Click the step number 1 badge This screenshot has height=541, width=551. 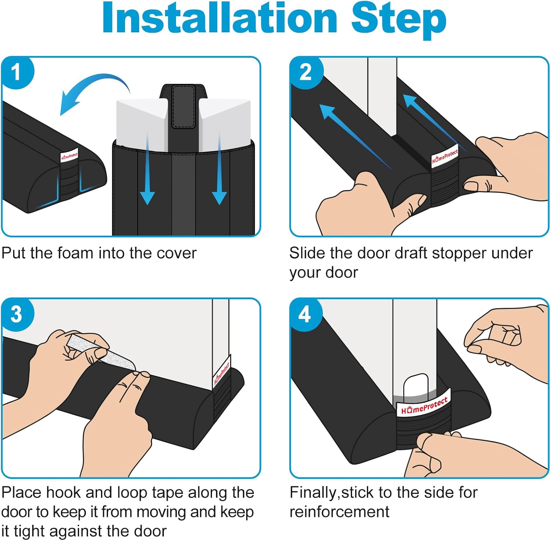point(16,72)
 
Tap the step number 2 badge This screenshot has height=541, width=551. point(306,72)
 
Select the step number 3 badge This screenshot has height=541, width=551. point(17,314)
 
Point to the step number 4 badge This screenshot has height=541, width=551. point(305,314)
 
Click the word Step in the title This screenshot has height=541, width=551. point(399,21)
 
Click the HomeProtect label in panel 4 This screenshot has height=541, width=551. point(424,405)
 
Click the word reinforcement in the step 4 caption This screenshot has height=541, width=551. point(339,512)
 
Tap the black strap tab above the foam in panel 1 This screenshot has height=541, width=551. point(183,107)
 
